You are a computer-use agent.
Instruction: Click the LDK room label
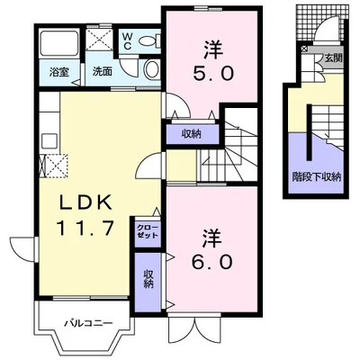pyautogui.click(x=86, y=202)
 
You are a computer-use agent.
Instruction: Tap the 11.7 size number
pyautogui.click(x=85, y=228)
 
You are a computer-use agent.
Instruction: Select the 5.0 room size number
pyautogui.click(x=213, y=73)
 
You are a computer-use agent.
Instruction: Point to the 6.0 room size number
pyautogui.click(x=212, y=262)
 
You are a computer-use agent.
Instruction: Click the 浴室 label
pyautogui.click(x=59, y=72)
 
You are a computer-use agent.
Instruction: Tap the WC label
pyautogui.click(x=127, y=40)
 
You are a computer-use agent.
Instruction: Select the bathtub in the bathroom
pyautogui.click(x=59, y=42)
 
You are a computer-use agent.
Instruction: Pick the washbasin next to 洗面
pyautogui.click(x=152, y=69)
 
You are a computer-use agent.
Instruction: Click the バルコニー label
pyautogui.click(x=89, y=323)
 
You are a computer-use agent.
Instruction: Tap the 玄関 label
pyautogui.click(x=333, y=58)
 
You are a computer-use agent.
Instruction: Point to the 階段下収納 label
pyautogui.click(x=317, y=177)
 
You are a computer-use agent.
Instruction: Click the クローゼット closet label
pyautogui.click(x=148, y=231)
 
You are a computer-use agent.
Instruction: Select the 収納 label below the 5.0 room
pyautogui.click(x=191, y=134)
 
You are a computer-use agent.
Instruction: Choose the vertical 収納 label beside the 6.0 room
pyautogui.click(x=148, y=279)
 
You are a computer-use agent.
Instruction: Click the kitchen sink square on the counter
pyautogui.click(x=49, y=141)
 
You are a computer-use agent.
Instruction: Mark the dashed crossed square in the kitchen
pyautogui.click(x=54, y=166)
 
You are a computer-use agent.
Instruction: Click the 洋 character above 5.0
pyautogui.click(x=213, y=50)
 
